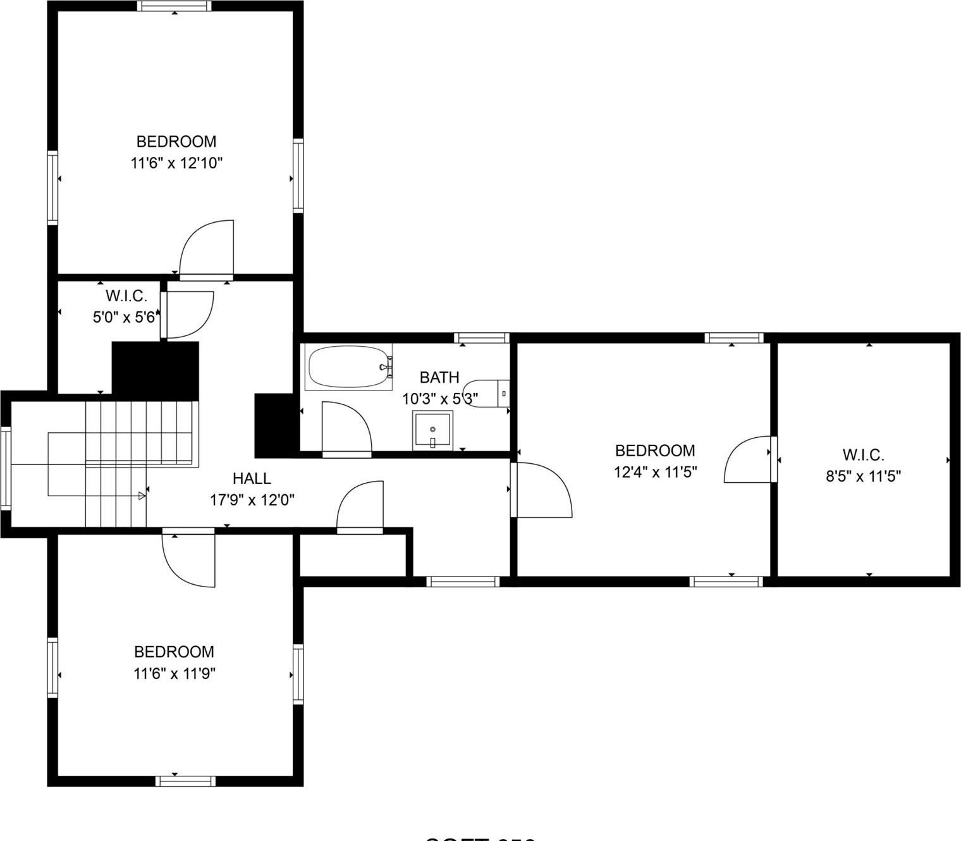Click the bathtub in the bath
pos(348,366)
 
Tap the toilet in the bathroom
pos(486,394)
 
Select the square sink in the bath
pos(432,430)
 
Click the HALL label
pos(252,478)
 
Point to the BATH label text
pos(439,377)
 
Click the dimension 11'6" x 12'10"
pos(176,163)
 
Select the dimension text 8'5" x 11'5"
pos(863,476)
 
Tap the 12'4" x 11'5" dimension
pos(655,472)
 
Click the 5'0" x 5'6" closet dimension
pos(124,317)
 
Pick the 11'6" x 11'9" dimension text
pos(174,673)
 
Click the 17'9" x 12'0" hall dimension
pos(252,500)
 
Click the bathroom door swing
pos(346,428)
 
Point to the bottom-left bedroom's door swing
pos(188,559)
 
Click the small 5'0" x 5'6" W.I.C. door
pos(188,315)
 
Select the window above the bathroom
pos(482,338)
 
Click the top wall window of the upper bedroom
pos(174,6)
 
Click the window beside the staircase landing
pos(6,468)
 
